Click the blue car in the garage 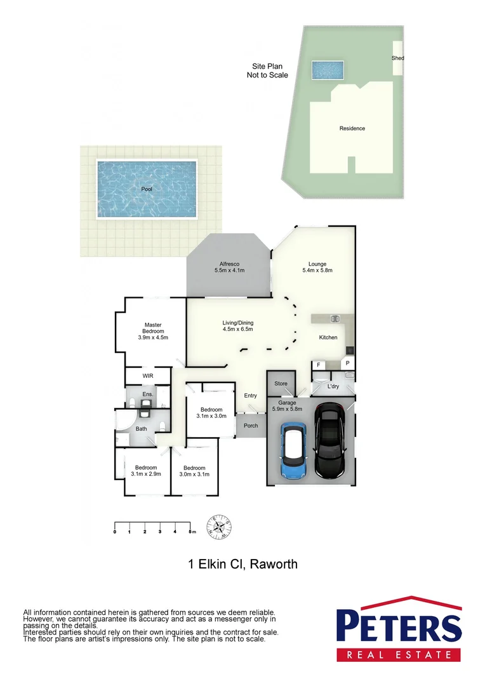coord(294,452)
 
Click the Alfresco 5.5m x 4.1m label coord(229,267)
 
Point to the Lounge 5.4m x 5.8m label coord(317,267)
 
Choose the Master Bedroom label coord(152,331)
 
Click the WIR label coord(148,376)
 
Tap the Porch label coord(251,426)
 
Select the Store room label coord(281,384)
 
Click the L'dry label coord(333,386)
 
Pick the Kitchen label coord(328,337)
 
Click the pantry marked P coord(347,364)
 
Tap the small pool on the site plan coord(328,69)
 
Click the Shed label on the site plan coord(397,58)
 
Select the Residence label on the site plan coord(352,128)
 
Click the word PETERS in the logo coord(398,626)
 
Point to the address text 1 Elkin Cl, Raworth coord(242,564)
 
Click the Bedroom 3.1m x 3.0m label coord(211,413)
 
